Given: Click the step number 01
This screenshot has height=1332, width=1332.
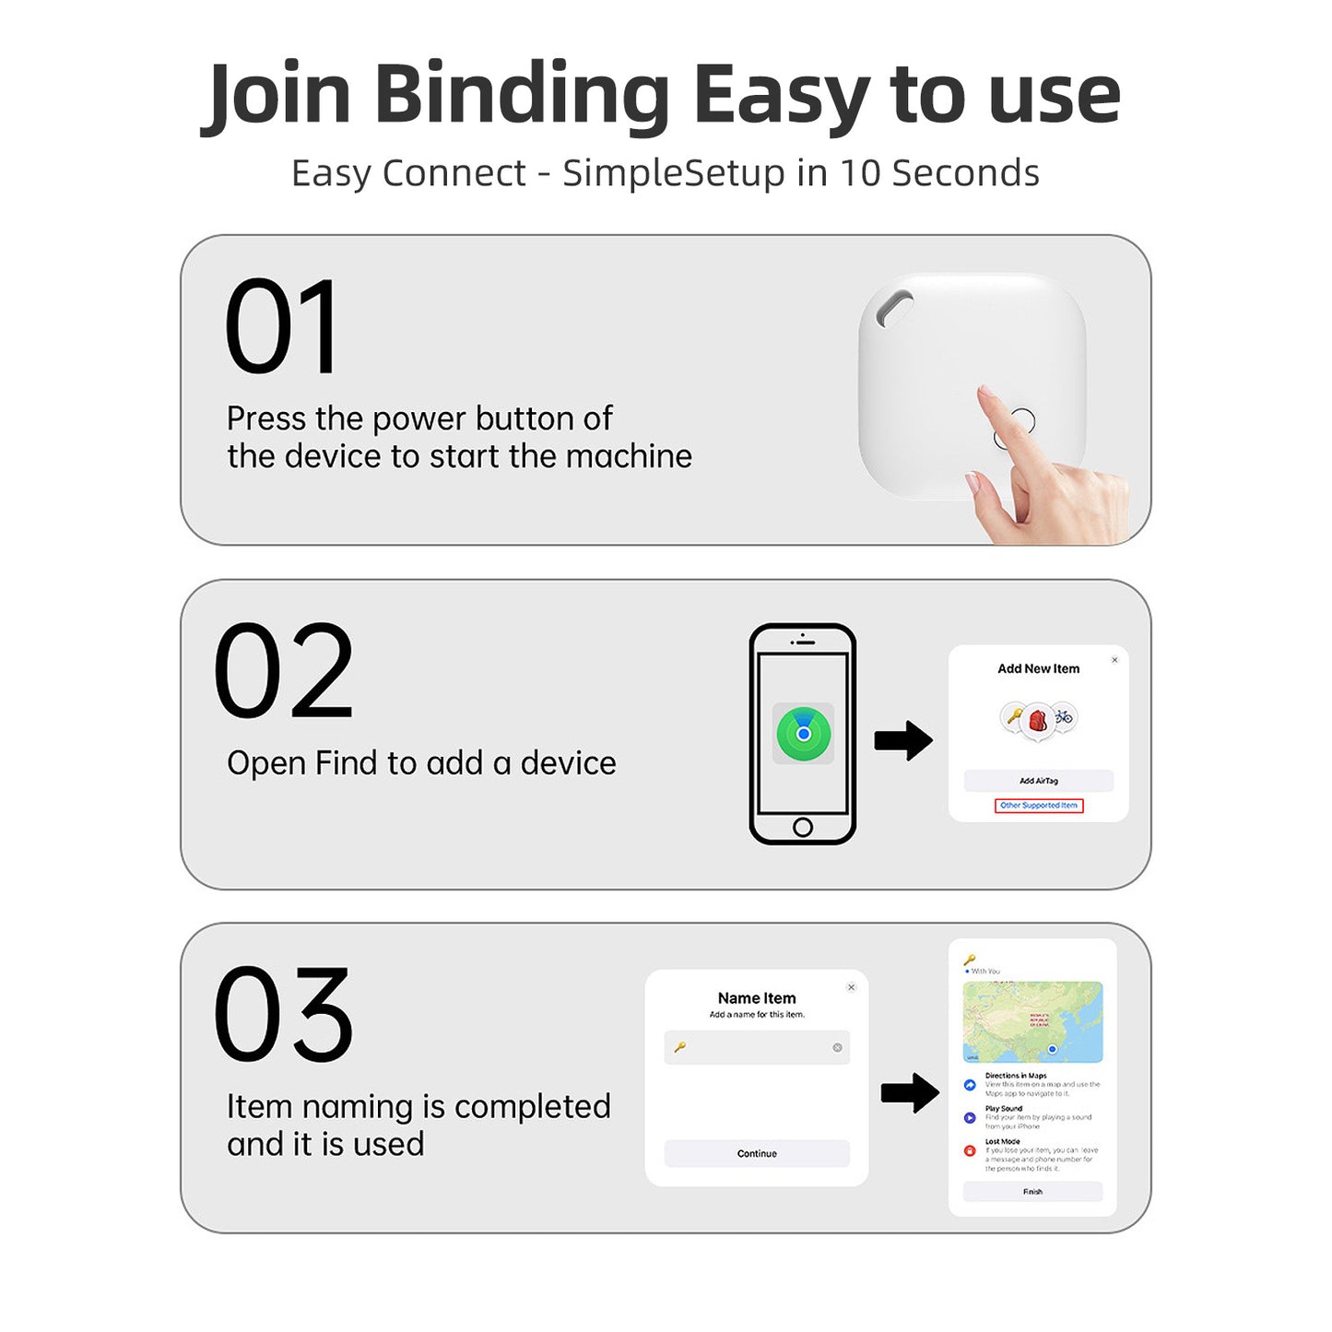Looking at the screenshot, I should point(281,327).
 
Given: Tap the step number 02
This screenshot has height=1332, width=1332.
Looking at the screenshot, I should point(283,671).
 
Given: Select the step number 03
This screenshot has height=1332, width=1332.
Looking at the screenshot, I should point(283,1014).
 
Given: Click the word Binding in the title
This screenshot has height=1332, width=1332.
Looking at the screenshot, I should point(522,94).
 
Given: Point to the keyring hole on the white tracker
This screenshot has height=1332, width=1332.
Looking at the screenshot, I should point(893,308).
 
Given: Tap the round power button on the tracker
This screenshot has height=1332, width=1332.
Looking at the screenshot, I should point(1020,422).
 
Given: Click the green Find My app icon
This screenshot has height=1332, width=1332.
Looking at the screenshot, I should point(803,734).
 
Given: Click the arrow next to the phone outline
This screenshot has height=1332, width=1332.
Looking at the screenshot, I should point(903,740).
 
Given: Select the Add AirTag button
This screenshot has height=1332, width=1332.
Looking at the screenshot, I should point(1038,781).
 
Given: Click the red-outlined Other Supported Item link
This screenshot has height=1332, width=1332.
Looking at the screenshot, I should point(1038,806).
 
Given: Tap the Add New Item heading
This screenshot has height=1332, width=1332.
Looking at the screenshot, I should point(1038,668).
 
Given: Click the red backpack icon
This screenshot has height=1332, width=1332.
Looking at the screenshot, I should point(1038,719).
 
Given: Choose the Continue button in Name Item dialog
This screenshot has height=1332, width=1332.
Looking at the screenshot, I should point(757,1153).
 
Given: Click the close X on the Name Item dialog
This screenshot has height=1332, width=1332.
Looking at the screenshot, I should point(851,987).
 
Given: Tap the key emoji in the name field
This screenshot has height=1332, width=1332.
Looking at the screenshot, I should point(680,1047).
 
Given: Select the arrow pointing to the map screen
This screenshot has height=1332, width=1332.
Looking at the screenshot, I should point(910,1093).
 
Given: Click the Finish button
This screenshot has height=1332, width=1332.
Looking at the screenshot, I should point(1032,1191).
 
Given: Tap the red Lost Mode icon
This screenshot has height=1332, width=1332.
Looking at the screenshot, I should point(970,1150).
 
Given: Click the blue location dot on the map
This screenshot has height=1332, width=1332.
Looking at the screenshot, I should point(1052,1049).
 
